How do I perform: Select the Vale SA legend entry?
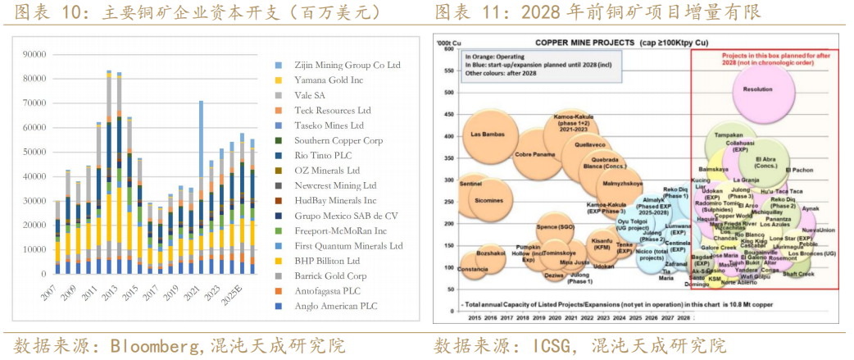pyautogui.click(x=311, y=95)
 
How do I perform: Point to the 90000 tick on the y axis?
pyautogui.click(x=34, y=54)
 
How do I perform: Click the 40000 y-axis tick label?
pyautogui.click(x=34, y=176)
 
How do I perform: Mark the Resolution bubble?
pyautogui.click(x=757, y=90)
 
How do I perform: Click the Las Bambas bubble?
pyautogui.click(x=487, y=134)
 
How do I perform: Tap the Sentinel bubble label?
pyautogui.click(x=471, y=185)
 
